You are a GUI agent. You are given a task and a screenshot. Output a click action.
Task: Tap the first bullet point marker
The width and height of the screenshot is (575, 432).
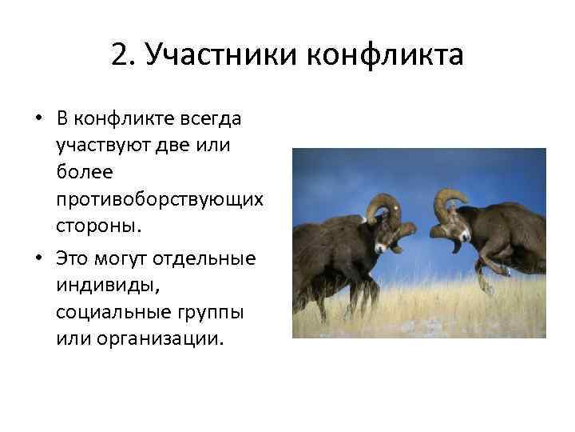38,119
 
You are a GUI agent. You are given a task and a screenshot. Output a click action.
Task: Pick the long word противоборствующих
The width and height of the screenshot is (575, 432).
159,198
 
